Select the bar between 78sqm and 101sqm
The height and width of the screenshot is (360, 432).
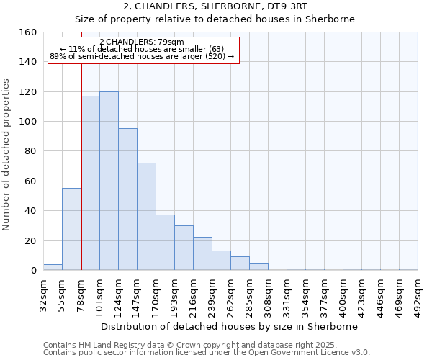click(x=90, y=184)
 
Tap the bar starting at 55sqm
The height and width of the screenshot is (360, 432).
click(x=71, y=229)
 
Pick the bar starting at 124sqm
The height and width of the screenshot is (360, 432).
click(x=127, y=199)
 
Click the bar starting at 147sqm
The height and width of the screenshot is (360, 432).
click(x=146, y=216)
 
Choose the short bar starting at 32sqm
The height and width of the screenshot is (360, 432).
click(x=53, y=267)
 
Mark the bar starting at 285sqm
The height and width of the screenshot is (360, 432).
click(x=258, y=266)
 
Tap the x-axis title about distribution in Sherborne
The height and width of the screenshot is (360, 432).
click(x=229, y=326)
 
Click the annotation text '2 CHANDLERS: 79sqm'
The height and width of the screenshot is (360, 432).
click(x=142, y=42)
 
